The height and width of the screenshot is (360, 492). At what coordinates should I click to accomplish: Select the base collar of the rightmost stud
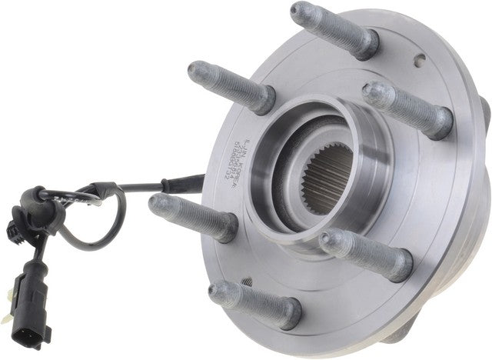[x=439, y=122]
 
